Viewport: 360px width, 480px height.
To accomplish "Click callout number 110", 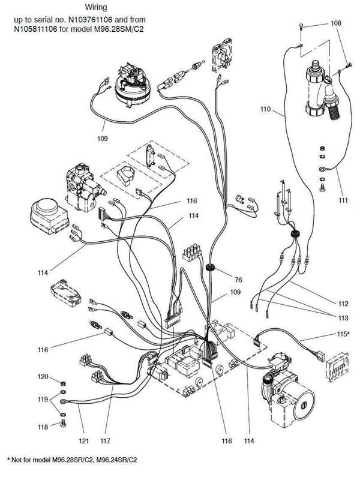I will coord(266,110).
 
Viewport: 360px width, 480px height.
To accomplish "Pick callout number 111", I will coord(343,200).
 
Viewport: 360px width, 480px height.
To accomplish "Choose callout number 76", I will coord(238,279).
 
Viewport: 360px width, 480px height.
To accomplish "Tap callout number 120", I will coord(43,377).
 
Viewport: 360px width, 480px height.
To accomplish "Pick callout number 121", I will coord(85,441).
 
